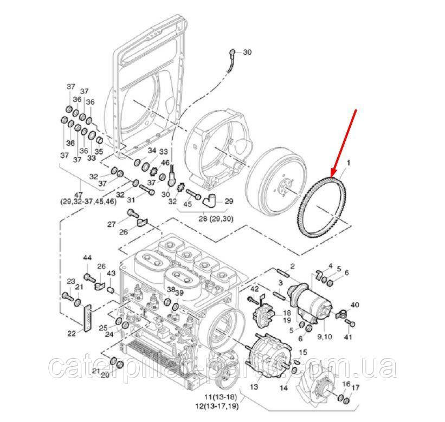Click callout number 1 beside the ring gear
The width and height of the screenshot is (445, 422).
(x=349, y=162)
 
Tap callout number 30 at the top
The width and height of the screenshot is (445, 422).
(x=247, y=53)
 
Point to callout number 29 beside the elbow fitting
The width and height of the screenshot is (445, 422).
(x=228, y=201)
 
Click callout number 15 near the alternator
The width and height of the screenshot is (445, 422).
(x=302, y=353)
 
